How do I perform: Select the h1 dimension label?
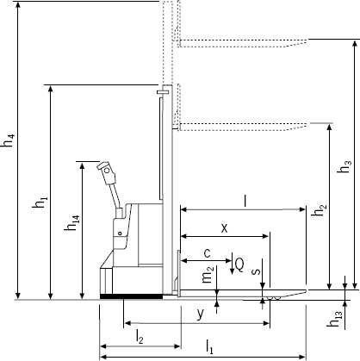point(40,202)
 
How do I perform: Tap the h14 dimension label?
point(71,223)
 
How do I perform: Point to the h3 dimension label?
point(344,166)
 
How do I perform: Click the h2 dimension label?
point(320,210)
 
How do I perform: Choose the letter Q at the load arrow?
point(239,265)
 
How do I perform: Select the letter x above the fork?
point(225,228)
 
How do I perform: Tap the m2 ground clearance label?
point(208,275)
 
